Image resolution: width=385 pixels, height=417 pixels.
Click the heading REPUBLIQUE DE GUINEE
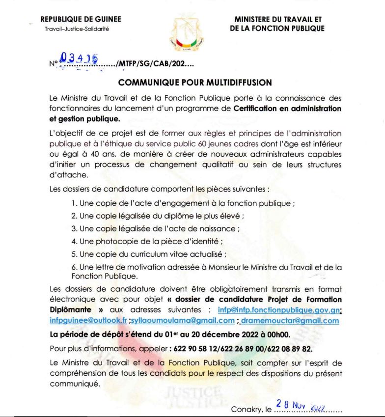pyautogui.click(x=81, y=20)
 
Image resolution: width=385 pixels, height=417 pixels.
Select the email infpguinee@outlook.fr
pyautogui.click(x=88, y=321)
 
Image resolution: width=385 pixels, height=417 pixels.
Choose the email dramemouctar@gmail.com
pyautogui.click(x=290, y=321)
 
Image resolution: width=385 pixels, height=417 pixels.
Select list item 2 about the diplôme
pyautogui.click(x=158, y=216)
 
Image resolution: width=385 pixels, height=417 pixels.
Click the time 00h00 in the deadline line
pyautogui.click(x=278, y=335)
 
